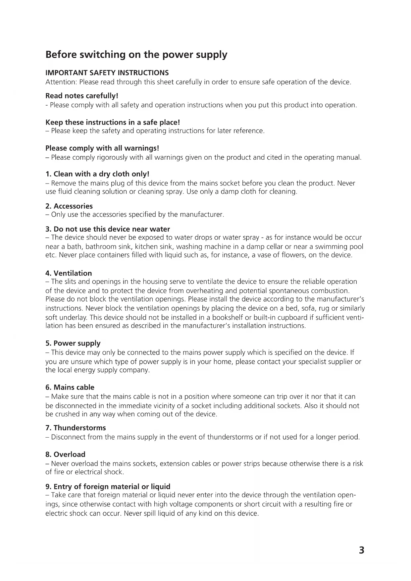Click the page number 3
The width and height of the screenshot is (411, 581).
tap(361, 551)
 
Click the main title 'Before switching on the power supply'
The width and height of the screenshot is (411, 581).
tap(136, 55)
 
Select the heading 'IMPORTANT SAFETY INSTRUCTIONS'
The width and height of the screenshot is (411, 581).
tap(107, 73)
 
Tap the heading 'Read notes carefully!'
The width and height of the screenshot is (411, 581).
tap(82, 96)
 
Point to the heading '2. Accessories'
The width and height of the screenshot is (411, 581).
tap(69, 206)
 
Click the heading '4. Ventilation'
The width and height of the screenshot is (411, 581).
tap(69, 273)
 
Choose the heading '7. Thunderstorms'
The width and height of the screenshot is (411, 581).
tap(76, 428)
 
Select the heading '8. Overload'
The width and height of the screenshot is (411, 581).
tap(65, 454)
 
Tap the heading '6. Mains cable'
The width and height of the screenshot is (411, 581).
tap(70, 387)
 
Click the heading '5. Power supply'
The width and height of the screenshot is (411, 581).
tap(73, 343)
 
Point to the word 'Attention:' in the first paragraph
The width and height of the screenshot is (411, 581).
tap(61, 82)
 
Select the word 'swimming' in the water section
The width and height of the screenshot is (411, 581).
tap(330, 247)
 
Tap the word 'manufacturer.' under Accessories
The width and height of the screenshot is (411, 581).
tap(202, 215)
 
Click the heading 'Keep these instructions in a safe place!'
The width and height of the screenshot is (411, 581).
tap(113, 123)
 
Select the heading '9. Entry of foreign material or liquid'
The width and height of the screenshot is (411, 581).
tap(108, 487)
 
